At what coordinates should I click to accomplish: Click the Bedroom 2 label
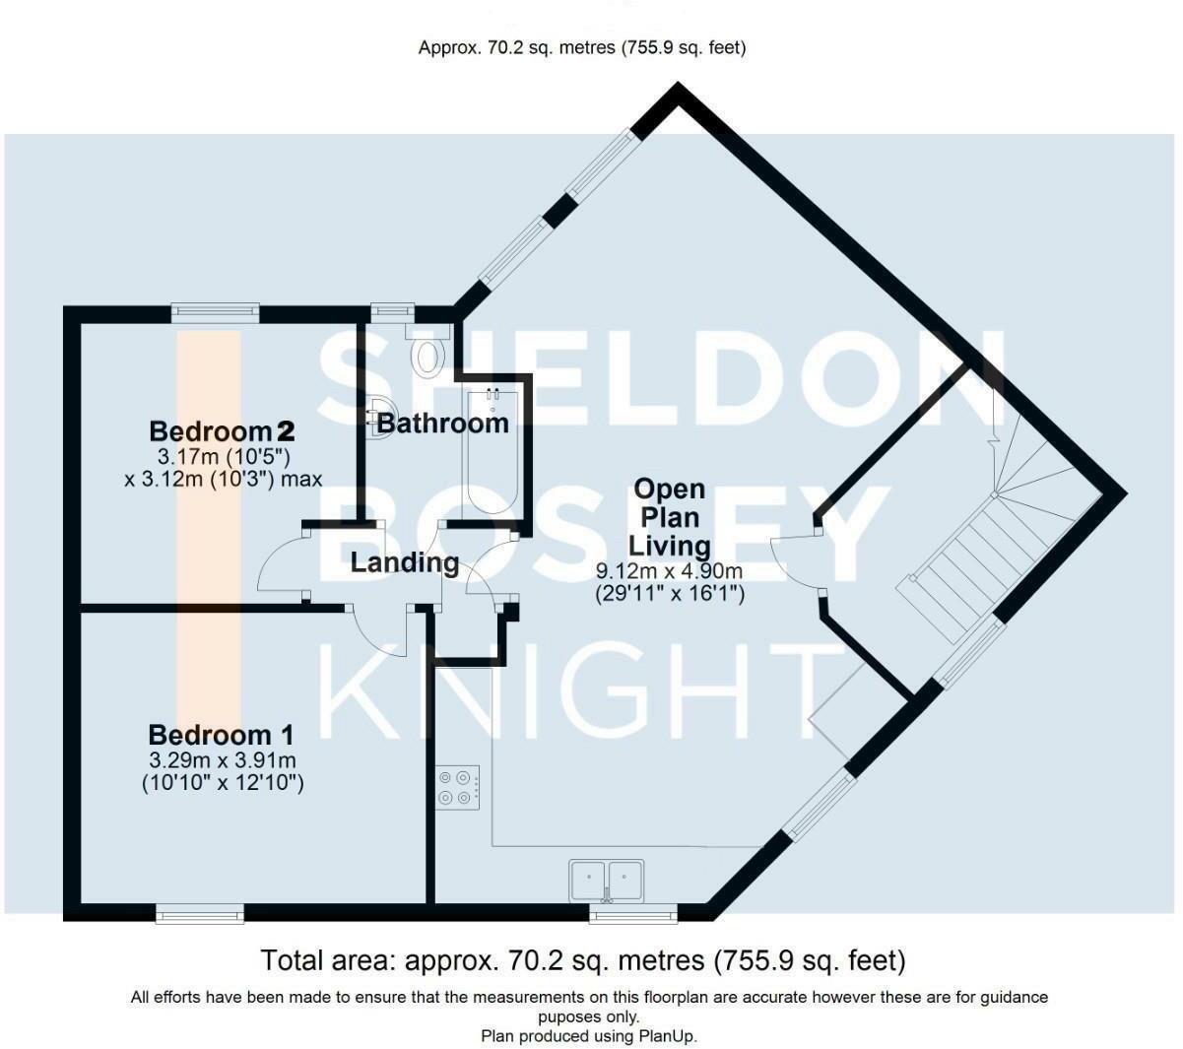(222, 431)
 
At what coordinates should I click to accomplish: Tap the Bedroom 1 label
(221, 735)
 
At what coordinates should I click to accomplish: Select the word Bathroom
(442, 424)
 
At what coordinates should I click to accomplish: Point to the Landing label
(405, 562)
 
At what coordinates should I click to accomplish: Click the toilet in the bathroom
(428, 350)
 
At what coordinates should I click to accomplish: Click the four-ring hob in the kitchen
(457, 787)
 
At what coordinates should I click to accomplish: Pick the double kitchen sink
(607, 881)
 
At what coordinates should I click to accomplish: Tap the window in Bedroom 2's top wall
(216, 313)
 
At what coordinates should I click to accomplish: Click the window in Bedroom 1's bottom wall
(200, 914)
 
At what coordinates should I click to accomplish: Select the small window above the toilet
(392, 313)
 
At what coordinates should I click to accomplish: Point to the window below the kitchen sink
(633, 914)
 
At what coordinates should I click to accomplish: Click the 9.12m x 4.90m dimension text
(669, 570)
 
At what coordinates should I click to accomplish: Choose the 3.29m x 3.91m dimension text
(223, 760)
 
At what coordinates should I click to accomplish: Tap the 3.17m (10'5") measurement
(224, 456)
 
